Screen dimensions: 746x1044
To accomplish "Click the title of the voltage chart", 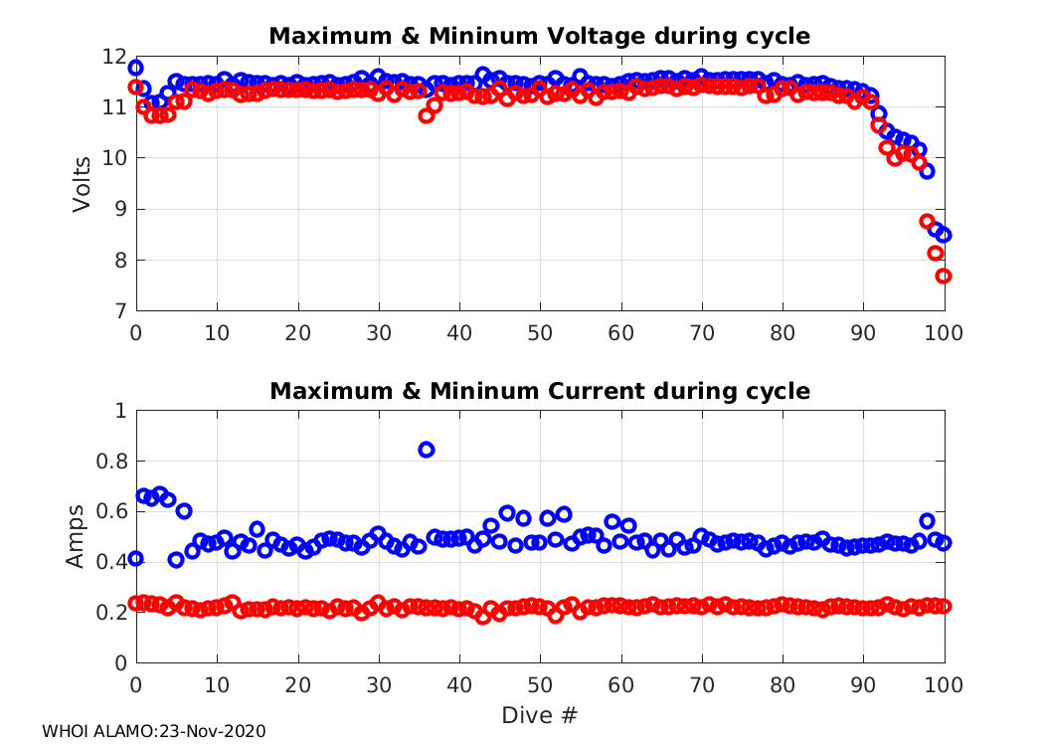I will click(540, 37).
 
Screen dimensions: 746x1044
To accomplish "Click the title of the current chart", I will click(540, 391).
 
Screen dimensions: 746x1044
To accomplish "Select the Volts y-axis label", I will click(83, 184).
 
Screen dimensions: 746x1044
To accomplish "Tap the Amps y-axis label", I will click(77, 537).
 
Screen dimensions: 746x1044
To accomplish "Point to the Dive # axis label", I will click(540, 715).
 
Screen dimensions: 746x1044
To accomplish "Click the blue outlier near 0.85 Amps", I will click(427, 450).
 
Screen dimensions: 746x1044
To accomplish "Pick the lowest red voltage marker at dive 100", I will click(944, 276).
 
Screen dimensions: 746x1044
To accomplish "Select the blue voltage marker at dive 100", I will click(944, 235).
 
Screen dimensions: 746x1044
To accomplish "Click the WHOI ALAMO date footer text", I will click(154, 731).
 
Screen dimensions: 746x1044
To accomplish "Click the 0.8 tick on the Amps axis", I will click(112, 462).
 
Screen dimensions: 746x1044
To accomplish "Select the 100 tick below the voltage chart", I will click(944, 332).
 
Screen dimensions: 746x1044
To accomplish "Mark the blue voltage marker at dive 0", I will click(136, 68).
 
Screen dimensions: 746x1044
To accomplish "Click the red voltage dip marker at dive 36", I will click(427, 115).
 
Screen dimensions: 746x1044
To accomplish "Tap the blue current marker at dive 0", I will click(136, 559).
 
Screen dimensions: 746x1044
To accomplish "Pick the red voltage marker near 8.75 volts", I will click(928, 222).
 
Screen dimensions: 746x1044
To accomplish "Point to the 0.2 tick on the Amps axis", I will click(112, 613).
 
